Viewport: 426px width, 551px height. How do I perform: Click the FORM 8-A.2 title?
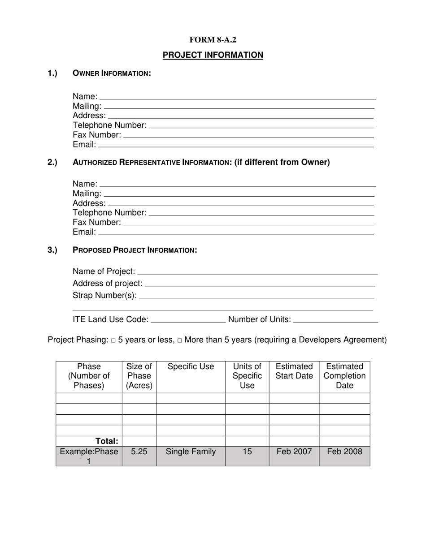coord(213,40)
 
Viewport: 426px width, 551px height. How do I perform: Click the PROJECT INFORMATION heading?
coord(213,55)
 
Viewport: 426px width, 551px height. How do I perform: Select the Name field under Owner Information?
coord(237,96)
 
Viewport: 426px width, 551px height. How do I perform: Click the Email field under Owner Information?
coord(235,144)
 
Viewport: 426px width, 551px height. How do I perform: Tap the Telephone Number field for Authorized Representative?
coord(261,212)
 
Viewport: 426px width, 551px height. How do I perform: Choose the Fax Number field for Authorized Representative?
coord(248,222)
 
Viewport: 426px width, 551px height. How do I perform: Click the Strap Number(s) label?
coord(104,296)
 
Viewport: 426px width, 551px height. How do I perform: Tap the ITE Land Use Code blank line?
coord(189,319)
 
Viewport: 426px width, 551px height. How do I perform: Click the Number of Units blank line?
coord(335,319)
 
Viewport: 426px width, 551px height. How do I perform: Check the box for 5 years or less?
coord(113,340)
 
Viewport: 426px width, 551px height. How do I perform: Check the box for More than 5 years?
coord(179,340)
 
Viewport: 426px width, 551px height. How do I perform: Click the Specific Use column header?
coord(191,367)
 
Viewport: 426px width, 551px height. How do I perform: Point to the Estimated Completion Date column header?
coord(344,376)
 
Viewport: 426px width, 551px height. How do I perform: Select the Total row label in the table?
coord(106,441)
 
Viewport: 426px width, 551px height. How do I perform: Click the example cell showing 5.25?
coord(139,452)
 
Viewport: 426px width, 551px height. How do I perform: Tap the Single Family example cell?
coord(191,452)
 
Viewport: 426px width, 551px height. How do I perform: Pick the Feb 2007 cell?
coord(294,452)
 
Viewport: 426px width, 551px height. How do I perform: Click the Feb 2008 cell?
coord(344,452)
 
